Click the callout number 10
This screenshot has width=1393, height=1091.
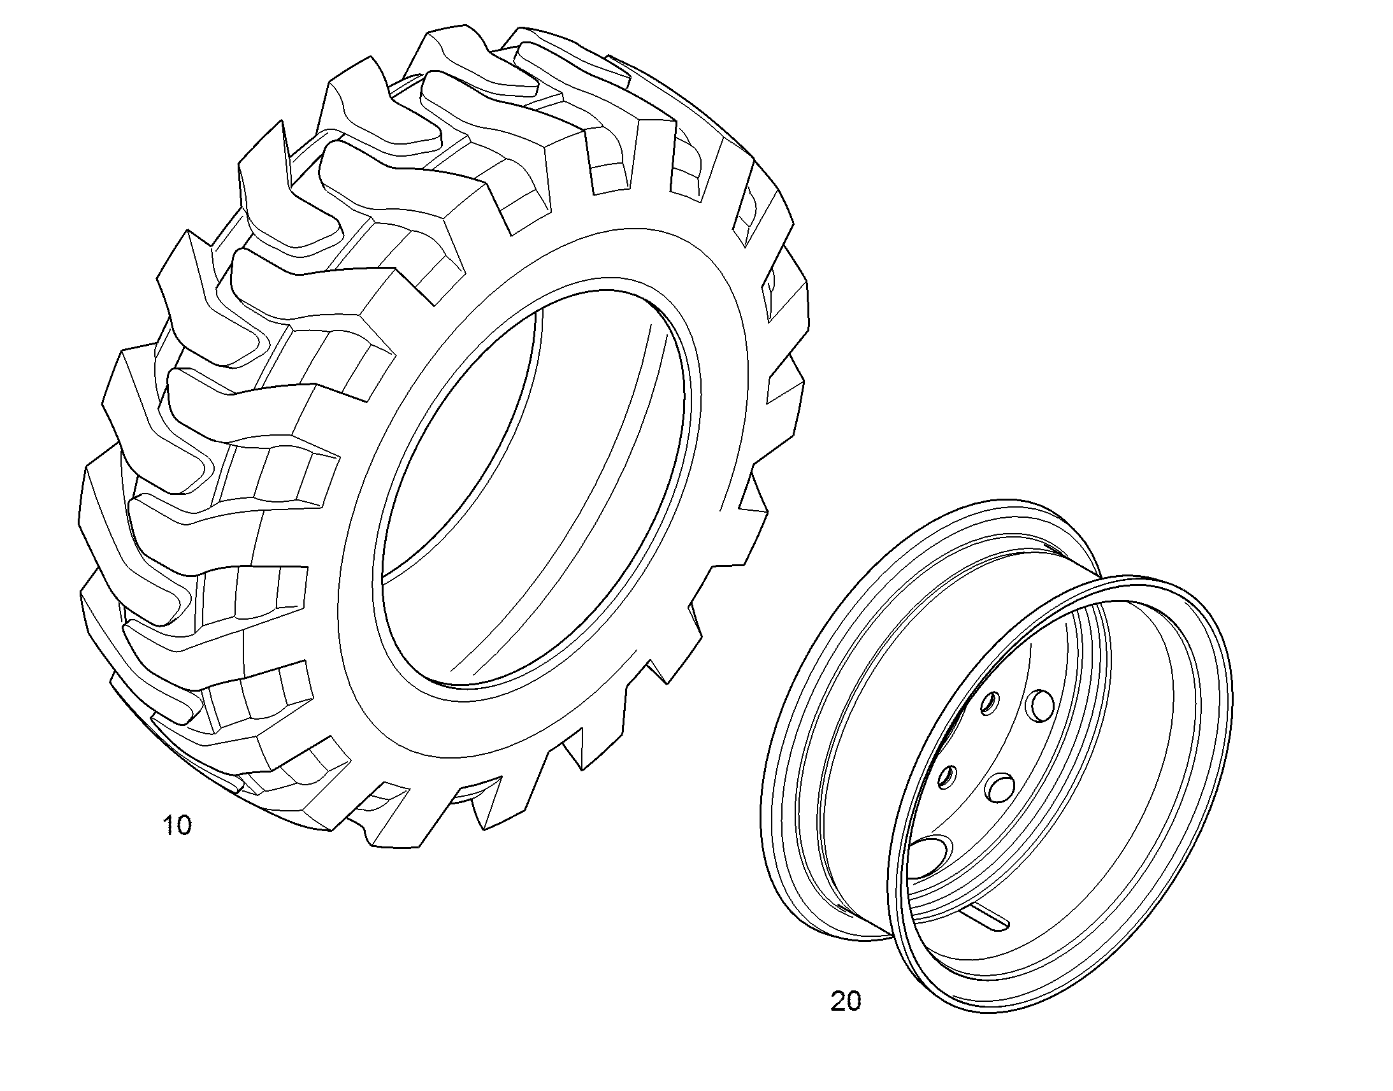click(x=177, y=825)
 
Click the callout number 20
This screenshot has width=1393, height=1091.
click(x=846, y=1001)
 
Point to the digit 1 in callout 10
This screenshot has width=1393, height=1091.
click(x=169, y=825)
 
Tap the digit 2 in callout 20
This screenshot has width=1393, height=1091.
click(x=838, y=1001)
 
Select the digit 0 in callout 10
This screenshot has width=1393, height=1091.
click(x=184, y=825)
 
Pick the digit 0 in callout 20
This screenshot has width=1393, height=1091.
click(x=854, y=1001)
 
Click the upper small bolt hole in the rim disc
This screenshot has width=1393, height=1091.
click(x=989, y=705)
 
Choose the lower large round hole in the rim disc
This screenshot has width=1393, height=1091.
click(x=1000, y=787)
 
